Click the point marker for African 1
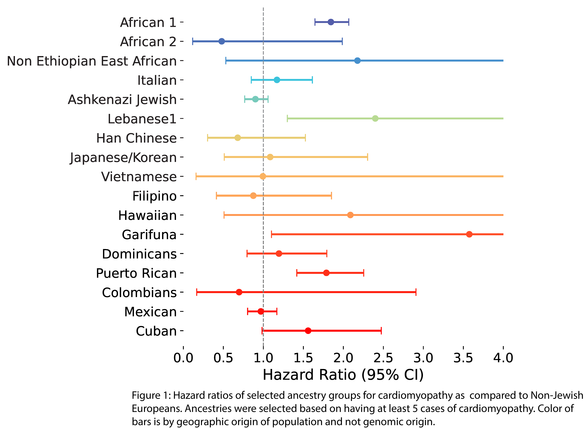click(x=331, y=22)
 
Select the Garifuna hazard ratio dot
click(x=469, y=234)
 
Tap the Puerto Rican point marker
click(x=326, y=273)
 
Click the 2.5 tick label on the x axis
click(x=383, y=358)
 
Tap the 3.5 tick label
click(x=463, y=358)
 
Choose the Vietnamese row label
click(x=139, y=177)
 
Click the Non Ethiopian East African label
click(x=92, y=61)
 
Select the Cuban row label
click(x=156, y=331)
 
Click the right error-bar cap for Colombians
click(x=416, y=292)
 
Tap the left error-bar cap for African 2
click(x=192, y=41)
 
